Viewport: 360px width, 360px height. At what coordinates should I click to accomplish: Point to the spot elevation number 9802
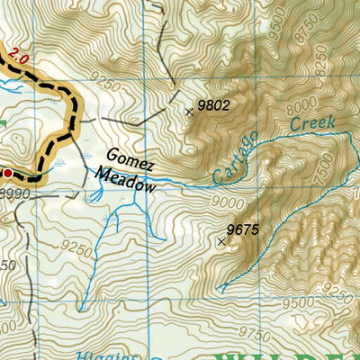click(x=214, y=105)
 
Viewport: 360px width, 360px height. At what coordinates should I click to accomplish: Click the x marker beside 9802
click(x=189, y=112)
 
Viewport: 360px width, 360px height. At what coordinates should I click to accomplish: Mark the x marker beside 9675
click(x=221, y=240)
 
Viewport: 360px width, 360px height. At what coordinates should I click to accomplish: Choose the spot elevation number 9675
click(x=243, y=230)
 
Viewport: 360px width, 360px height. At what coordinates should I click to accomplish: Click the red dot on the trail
click(x=7, y=171)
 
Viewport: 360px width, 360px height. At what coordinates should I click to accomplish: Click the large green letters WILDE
click(x=288, y=353)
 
